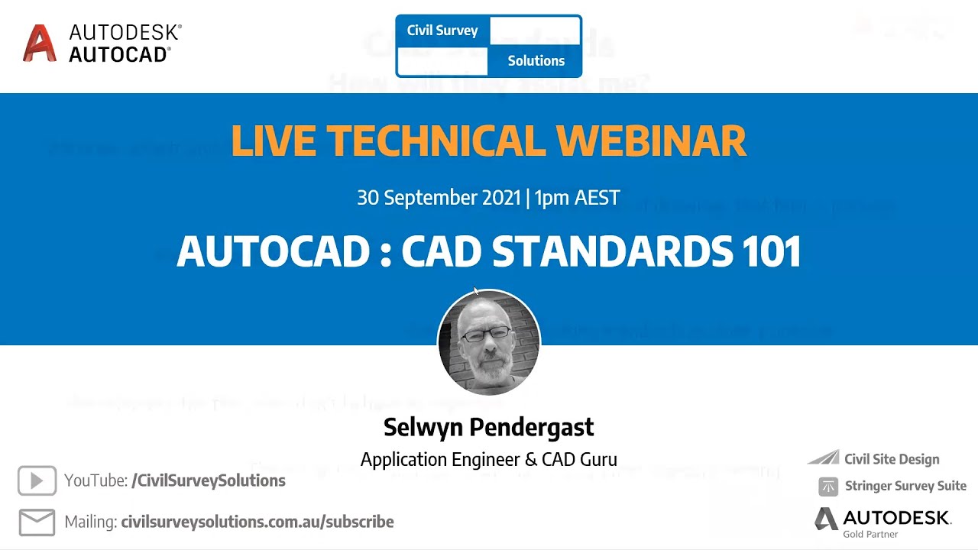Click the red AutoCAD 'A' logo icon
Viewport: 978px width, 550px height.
[40, 43]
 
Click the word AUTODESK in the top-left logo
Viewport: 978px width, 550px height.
[125, 32]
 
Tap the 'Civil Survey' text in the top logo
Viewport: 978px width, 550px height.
[442, 31]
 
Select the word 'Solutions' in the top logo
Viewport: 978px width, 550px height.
[536, 61]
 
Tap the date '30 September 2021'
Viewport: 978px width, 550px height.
[439, 198]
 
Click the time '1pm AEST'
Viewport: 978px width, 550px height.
[577, 198]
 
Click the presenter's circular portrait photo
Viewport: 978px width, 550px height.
[489, 342]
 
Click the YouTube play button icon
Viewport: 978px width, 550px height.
[37, 480]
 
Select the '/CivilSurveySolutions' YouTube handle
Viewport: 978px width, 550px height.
[209, 480]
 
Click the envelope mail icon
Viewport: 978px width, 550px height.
[37, 522]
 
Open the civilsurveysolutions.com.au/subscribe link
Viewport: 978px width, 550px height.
[257, 522]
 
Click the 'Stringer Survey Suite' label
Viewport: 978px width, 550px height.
[905, 486]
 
